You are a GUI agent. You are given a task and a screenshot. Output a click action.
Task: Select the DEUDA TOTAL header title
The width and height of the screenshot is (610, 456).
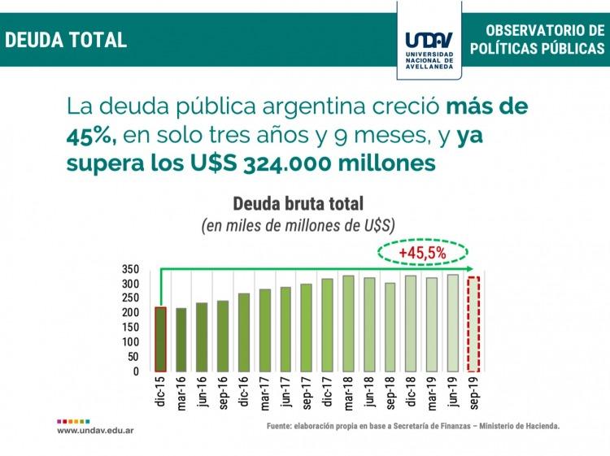[66, 39]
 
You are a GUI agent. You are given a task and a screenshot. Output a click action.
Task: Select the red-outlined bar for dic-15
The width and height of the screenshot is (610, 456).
[160, 339]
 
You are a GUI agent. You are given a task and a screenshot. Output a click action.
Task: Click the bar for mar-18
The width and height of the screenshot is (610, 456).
[348, 323]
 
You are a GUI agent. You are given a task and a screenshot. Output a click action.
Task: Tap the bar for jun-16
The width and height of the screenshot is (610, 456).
[202, 337]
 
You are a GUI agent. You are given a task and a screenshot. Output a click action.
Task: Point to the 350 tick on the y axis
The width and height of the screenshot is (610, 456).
[132, 269]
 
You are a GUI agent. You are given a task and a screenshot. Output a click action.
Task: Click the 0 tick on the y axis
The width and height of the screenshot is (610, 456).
[136, 371]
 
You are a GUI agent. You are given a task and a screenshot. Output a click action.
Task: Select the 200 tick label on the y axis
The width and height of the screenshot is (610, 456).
[132, 312]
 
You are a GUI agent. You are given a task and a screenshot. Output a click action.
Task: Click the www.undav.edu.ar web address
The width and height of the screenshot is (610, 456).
[95, 430]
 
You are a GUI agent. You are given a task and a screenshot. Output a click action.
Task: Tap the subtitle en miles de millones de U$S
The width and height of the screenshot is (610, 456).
[298, 225]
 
